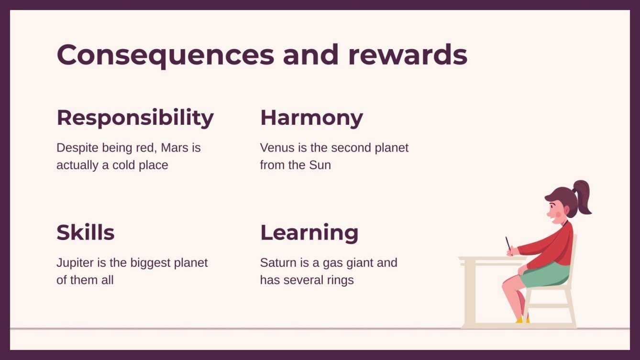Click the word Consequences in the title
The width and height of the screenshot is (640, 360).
pyautogui.click(x=165, y=55)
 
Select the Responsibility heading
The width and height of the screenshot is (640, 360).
pyautogui.click(x=135, y=118)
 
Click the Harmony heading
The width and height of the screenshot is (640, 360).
pyautogui.click(x=311, y=118)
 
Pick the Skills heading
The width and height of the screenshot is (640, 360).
pyautogui.click(x=85, y=233)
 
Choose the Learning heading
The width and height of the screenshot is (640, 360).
pyautogui.click(x=309, y=233)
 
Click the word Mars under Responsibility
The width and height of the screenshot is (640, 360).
pyautogui.click(x=175, y=148)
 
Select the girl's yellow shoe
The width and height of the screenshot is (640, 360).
pyautogui.click(x=520, y=319)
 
